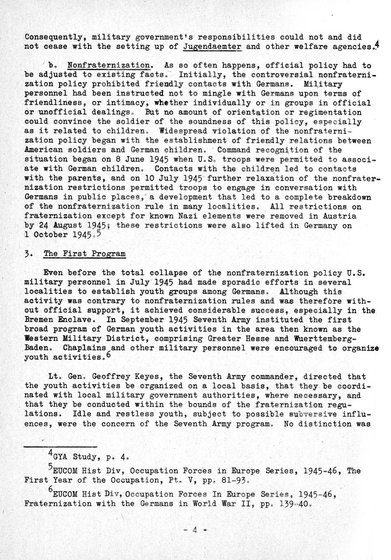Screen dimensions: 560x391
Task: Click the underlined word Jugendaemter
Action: click(x=212, y=46)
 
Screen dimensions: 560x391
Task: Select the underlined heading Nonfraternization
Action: click(x=108, y=65)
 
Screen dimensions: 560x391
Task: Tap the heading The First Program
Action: click(x=84, y=254)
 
